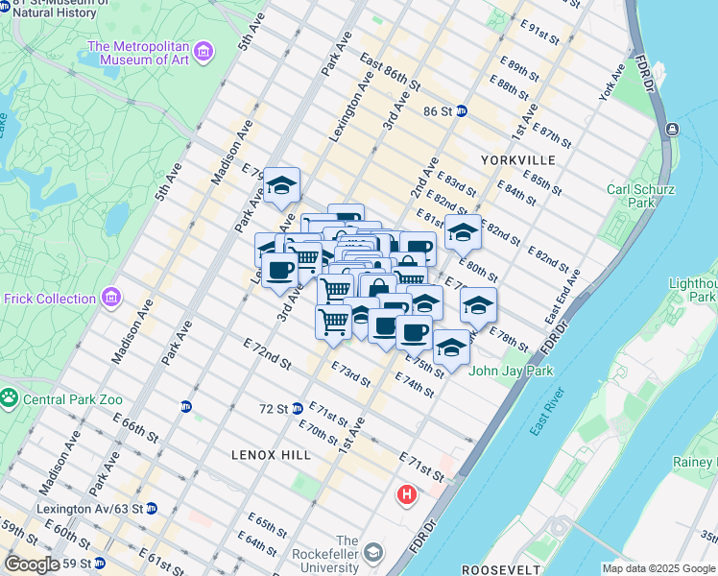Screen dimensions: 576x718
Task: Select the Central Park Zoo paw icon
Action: (x=10, y=396)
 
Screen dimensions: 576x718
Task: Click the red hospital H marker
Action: (x=407, y=496)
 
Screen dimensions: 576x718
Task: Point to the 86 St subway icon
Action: (x=461, y=111)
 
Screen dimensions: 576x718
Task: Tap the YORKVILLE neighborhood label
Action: (x=518, y=159)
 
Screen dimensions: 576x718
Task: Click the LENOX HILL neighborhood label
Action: (x=272, y=454)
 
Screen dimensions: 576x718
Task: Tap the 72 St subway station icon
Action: (x=298, y=409)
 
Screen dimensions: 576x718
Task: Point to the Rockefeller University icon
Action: (x=373, y=552)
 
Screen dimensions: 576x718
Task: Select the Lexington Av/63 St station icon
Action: (x=152, y=508)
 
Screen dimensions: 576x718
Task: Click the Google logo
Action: (x=32, y=564)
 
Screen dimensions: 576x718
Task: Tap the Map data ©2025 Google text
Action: (x=658, y=568)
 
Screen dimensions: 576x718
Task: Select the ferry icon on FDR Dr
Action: (x=670, y=130)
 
